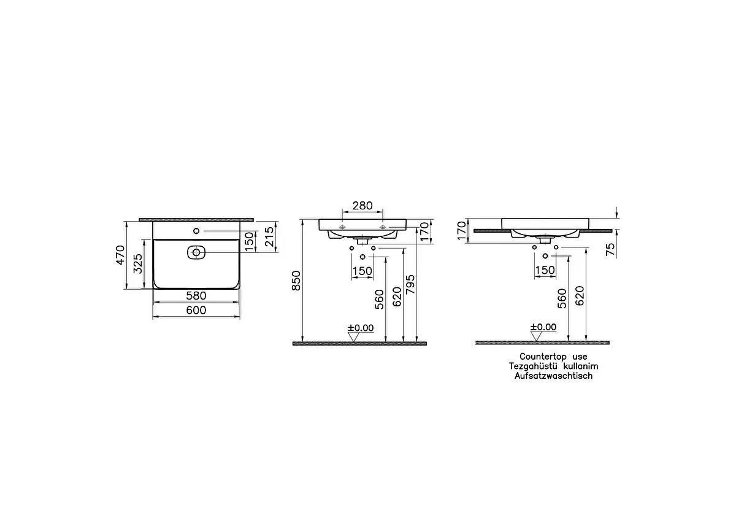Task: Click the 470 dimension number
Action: pos(120,253)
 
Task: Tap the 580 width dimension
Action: pos(196,296)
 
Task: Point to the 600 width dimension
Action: pos(196,311)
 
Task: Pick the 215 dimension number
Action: pos(267,236)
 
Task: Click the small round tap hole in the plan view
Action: pos(196,231)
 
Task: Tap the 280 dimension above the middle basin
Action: pos(362,206)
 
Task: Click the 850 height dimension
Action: pos(297,280)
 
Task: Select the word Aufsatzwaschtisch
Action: pos(553,376)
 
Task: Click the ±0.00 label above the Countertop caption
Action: pos(543,327)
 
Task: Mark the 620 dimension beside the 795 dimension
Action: pos(397,297)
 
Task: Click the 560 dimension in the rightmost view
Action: pos(562,298)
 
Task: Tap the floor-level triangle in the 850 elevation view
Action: pos(353,336)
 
